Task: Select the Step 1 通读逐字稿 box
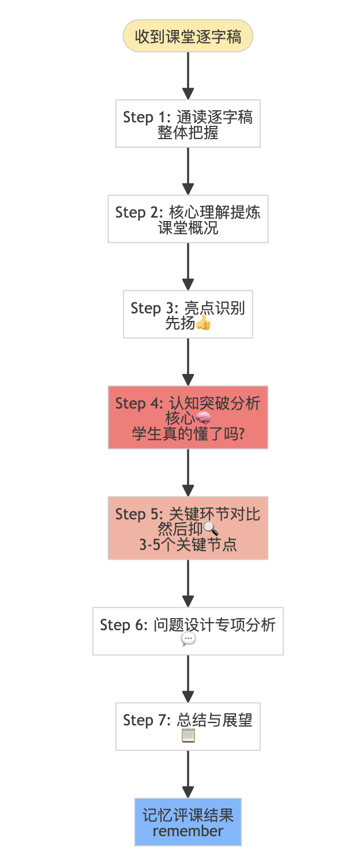(187, 123)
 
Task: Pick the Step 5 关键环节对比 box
(187, 527)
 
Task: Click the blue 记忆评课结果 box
(187, 822)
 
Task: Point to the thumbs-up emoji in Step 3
(203, 323)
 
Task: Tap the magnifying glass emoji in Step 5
(211, 529)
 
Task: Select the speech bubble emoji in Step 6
(188, 639)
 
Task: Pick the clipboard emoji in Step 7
(188, 735)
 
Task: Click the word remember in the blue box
(187, 831)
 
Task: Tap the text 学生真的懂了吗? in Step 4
(187, 433)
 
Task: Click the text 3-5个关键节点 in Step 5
(187, 544)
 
